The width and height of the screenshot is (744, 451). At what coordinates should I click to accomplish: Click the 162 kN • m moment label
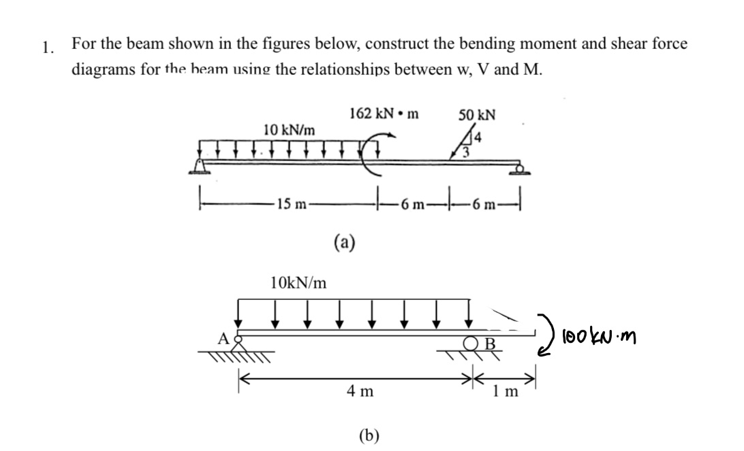tap(383, 114)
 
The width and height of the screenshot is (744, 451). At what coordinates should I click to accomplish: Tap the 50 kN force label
tap(476, 114)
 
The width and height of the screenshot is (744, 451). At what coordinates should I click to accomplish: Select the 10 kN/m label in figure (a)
tap(289, 129)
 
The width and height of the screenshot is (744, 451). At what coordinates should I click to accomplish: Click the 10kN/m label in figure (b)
tap(298, 281)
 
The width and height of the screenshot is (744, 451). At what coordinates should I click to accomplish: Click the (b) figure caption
tap(369, 435)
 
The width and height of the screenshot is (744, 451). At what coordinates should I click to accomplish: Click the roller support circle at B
tap(471, 342)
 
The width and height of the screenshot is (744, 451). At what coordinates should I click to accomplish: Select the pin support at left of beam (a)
tap(200, 165)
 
